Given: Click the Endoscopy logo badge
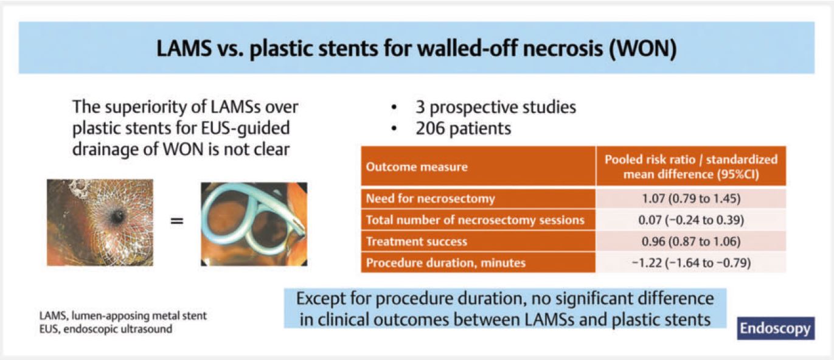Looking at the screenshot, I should click(775, 328).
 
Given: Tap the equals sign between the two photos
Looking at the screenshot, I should click(176, 221).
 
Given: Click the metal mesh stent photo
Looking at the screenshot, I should click(100, 223).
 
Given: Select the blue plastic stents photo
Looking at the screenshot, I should click(254, 224).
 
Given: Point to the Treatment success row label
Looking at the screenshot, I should click(417, 241).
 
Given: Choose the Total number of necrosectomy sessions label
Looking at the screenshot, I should click(474, 220).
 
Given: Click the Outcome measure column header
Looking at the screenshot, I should click(417, 167).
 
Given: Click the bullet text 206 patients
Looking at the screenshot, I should click(464, 128).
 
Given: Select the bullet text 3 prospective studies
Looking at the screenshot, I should click(496, 108).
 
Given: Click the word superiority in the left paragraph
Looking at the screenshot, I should click(142, 108).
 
